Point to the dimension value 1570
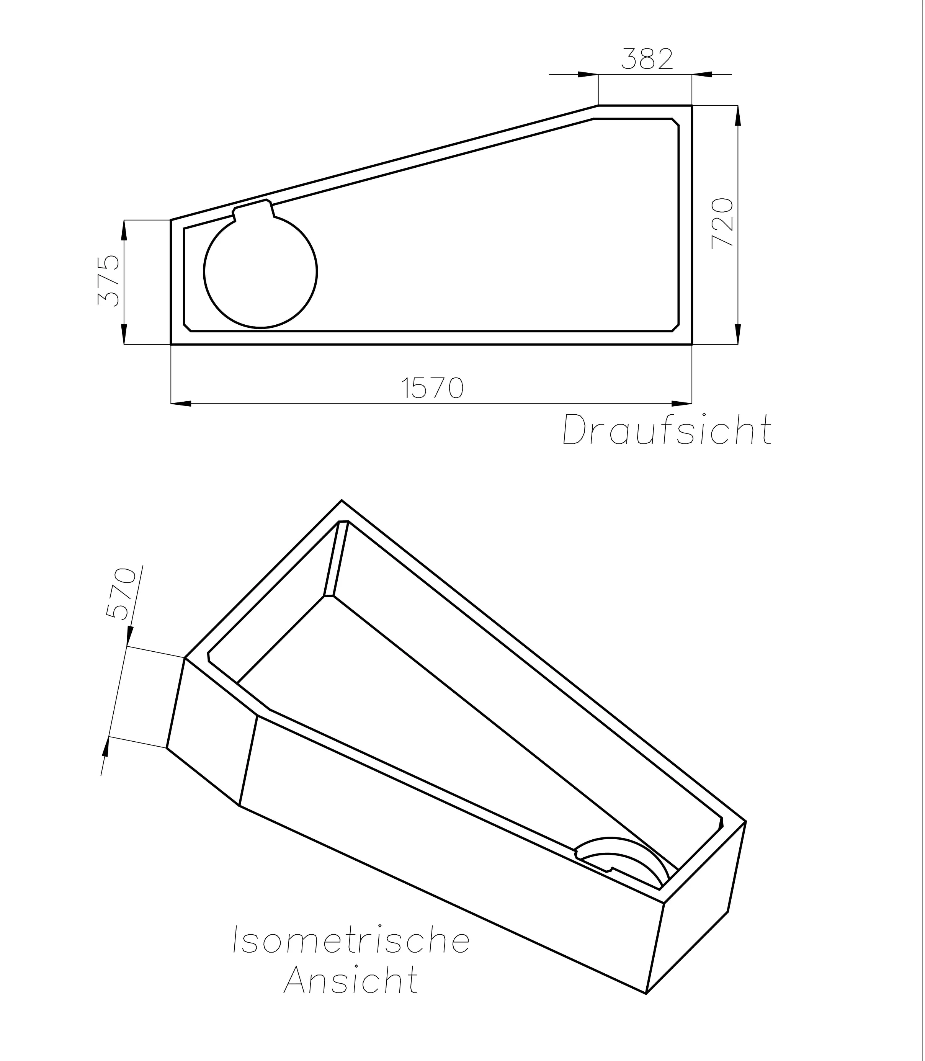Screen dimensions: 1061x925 [x=433, y=388]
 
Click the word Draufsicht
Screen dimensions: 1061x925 [x=667, y=430]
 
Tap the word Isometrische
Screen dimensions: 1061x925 [x=351, y=940]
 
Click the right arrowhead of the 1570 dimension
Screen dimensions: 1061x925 [x=682, y=403]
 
